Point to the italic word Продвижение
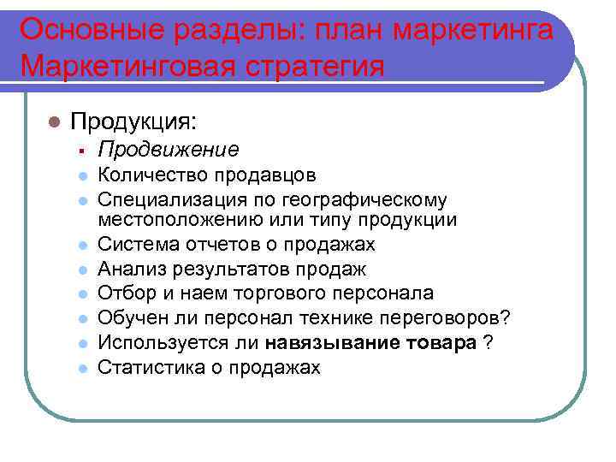click(x=169, y=150)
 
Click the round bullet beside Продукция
click(x=53, y=121)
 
